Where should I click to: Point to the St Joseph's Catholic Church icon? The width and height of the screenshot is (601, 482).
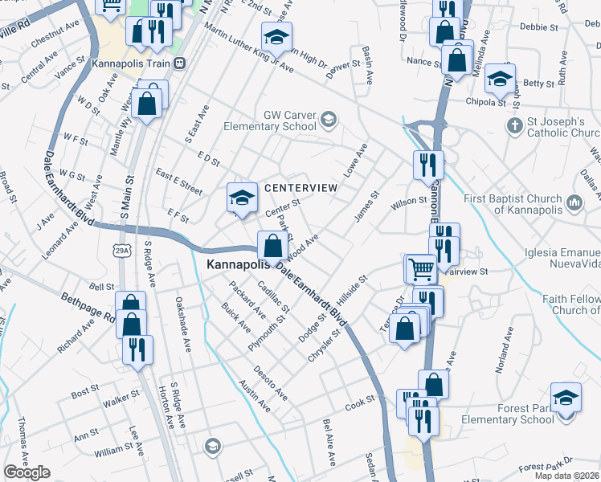515,126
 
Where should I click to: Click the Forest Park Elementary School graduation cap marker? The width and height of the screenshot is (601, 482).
566,398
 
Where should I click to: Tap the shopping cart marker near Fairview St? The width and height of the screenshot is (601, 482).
421,268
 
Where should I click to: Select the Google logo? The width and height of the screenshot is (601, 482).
27,472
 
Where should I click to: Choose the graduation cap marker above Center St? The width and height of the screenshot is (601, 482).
241,197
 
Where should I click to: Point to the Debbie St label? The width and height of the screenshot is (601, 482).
539,27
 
